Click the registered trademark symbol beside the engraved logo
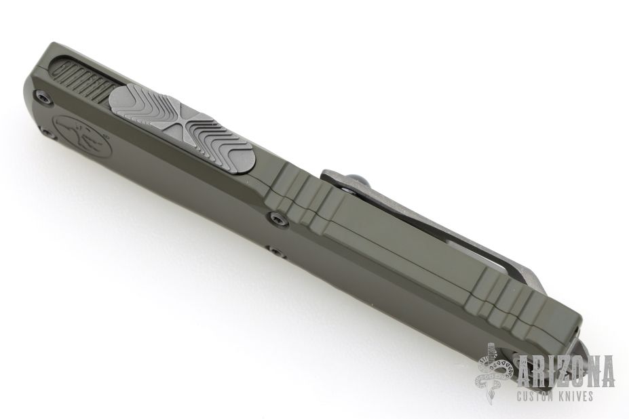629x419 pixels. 105,137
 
